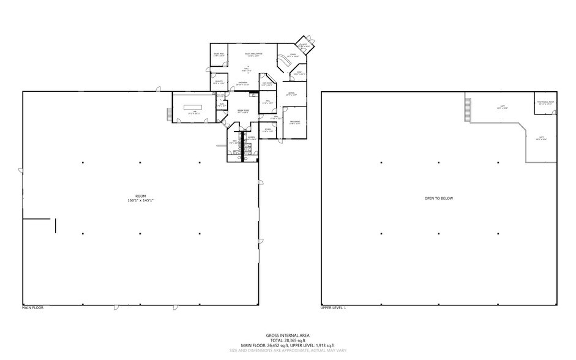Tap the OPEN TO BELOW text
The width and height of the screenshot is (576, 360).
coord(438,198)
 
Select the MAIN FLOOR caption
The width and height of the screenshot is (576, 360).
coord(33,307)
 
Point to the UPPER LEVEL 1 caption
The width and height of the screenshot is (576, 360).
coord(334,307)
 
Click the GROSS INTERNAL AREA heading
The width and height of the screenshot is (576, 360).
coord(287,336)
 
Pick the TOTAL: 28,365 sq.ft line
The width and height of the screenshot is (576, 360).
coord(287,340)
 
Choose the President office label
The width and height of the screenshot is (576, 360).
coord(294,124)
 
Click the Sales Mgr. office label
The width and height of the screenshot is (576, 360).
coord(218,55)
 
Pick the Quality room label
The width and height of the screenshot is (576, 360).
coord(219,82)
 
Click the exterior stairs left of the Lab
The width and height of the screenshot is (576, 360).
coord(168,114)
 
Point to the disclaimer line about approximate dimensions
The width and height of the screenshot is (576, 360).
coord(287,350)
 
